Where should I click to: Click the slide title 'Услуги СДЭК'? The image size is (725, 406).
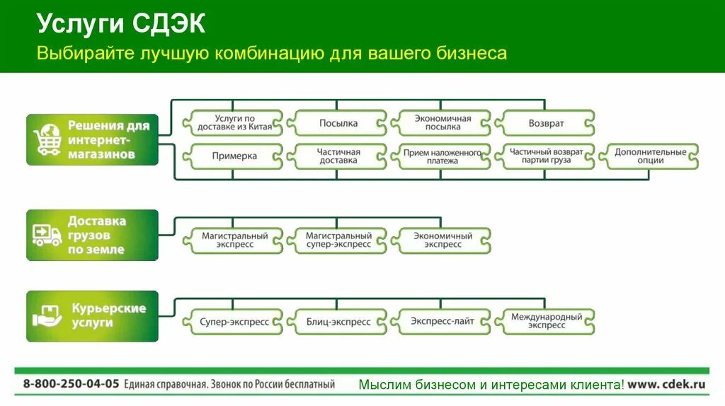point(121,24)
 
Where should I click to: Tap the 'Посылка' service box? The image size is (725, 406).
point(338,123)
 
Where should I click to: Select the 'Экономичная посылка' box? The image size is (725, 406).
point(443,123)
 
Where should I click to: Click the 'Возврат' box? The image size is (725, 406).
point(547,123)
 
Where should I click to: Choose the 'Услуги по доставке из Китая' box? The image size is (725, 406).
point(234,123)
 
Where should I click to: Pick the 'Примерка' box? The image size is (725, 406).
point(234,156)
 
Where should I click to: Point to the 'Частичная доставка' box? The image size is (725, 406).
point(338,156)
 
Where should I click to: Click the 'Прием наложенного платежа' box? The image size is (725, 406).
point(443,156)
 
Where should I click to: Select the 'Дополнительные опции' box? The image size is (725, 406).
point(650,156)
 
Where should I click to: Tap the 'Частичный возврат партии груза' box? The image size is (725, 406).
point(547,156)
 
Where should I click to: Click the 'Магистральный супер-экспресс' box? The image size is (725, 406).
point(338,240)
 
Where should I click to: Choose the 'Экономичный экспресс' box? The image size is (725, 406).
point(443,240)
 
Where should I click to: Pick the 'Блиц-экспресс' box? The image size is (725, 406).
point(338,322)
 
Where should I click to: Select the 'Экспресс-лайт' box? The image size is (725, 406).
point(443,322)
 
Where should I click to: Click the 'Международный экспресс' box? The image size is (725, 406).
point(547,322)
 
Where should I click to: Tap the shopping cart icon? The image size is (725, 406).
point(47,140)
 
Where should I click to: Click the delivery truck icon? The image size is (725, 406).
point(47,235)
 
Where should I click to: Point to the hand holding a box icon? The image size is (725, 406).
point(47,316)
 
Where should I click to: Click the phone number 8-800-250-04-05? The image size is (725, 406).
point(71,384)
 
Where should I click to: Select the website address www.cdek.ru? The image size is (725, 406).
point(666,384)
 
